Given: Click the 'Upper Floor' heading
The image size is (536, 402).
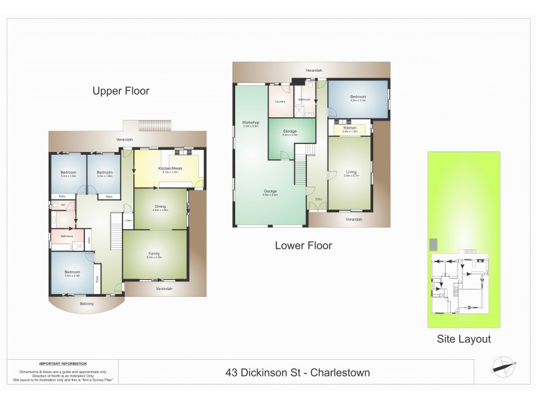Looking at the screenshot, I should pos(121,91).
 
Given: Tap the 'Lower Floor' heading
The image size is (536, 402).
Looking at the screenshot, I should pos(303,245).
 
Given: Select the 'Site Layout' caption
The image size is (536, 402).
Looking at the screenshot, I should pos(464,339).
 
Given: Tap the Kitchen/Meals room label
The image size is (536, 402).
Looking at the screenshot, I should pos(165,169).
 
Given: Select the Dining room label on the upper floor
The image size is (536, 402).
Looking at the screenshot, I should pos(160,207).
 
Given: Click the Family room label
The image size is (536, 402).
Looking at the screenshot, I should pos(154,253).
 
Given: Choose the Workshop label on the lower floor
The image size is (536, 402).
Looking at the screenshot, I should pos(251,123).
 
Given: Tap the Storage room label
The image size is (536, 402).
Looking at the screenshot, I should pos(289,131).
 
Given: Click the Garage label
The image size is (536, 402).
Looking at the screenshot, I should pos(270,192).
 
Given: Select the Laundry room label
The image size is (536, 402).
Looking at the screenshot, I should pos(280,101).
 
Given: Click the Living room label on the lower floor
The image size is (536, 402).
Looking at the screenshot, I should pos(351,172).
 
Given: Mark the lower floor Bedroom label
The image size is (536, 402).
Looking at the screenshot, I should pos(357,97).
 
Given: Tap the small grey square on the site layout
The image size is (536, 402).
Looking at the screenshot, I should pos(433,244).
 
